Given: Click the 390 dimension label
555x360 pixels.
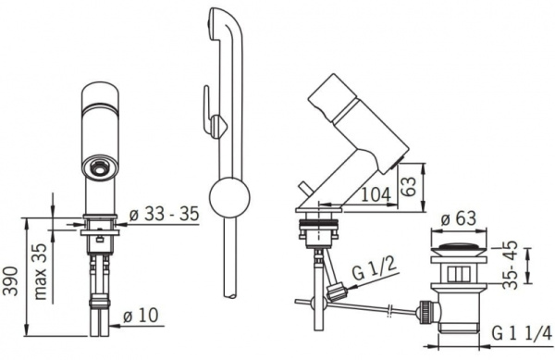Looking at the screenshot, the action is (x=10, y=280).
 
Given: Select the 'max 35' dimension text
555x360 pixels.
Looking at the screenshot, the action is (x=41, y=271).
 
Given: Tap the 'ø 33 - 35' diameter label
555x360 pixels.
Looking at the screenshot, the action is (x=165, y=214).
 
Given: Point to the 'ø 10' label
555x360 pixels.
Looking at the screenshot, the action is (x=141, y=315).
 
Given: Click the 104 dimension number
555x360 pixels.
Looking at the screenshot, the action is (x=376, y=194).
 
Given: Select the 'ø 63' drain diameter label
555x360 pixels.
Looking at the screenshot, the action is (x=459, y=219).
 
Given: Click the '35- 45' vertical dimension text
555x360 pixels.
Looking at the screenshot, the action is (x=510, y=265).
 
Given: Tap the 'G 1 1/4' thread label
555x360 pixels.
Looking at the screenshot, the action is (x=522, y=333).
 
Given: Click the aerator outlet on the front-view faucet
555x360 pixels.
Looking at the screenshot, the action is (x=100, y=166).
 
